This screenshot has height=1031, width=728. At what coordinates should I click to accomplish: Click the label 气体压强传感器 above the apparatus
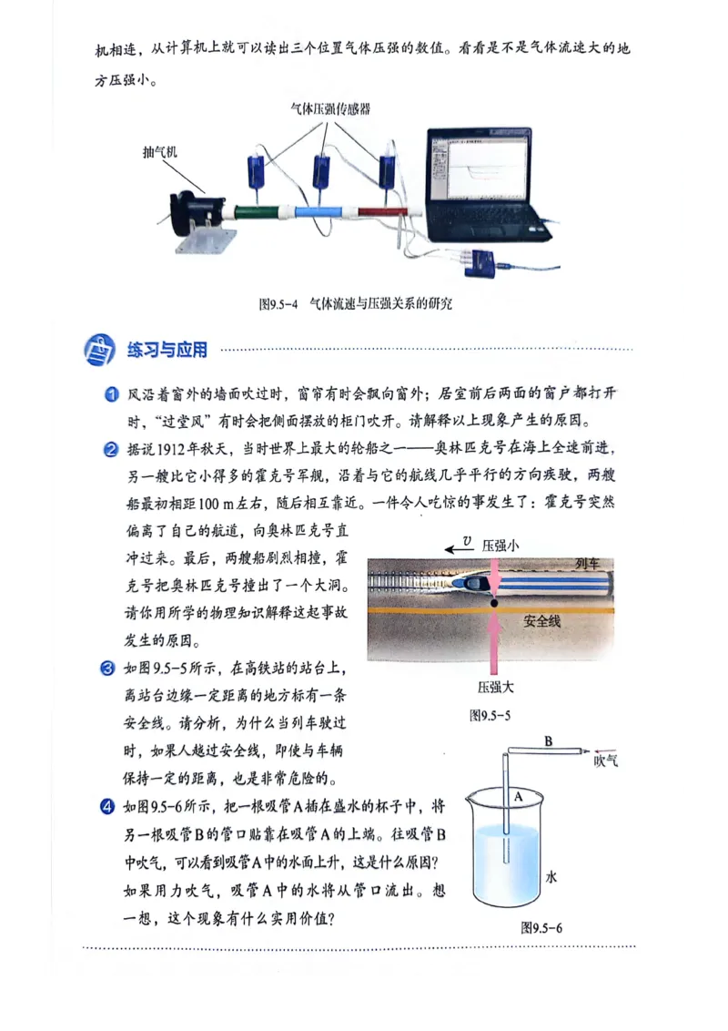pos(329,108)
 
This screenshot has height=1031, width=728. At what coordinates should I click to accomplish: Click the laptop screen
pos(479,168)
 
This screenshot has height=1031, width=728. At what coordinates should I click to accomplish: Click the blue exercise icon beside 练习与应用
pos(99,350)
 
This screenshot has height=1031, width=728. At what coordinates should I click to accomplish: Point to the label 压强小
pos(500,544)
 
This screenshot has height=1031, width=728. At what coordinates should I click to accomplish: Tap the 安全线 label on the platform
pos(542,621)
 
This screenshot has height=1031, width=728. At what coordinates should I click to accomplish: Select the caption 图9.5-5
pos(490,715)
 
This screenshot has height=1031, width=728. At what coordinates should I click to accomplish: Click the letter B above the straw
pos(548,741)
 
